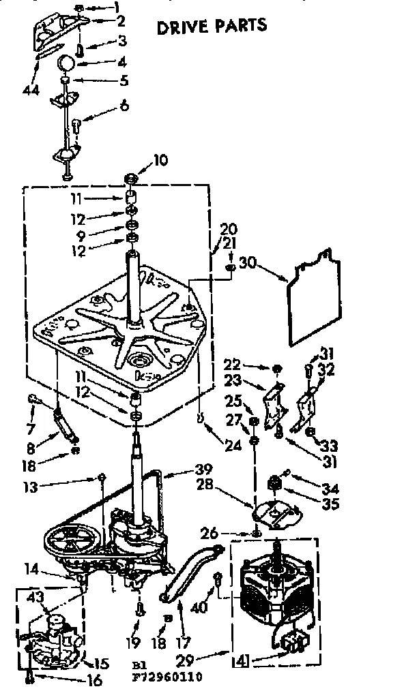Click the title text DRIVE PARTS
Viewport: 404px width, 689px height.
[x=212, y=26]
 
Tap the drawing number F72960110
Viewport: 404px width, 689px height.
[x=169, y=677]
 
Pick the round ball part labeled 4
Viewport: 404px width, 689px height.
[x=67, y=63]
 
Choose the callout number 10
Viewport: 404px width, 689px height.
[x=159, y=162]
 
